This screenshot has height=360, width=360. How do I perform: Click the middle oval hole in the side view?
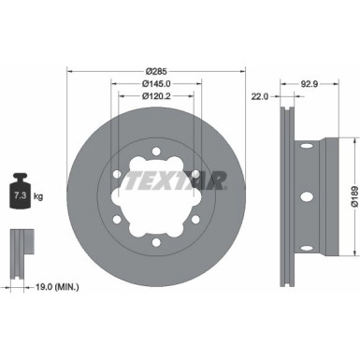[304, 195]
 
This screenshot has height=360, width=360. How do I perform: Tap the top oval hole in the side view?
[304, 151]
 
